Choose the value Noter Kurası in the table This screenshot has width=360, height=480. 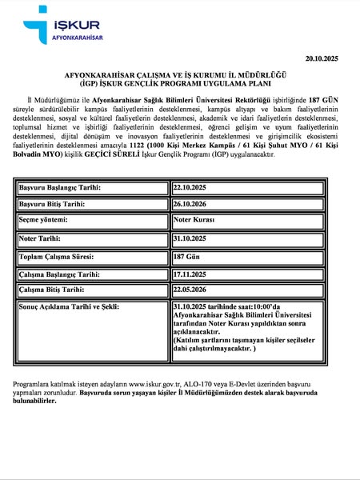tap(194, 219)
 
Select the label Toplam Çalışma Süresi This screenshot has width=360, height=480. tap(57, 257)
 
